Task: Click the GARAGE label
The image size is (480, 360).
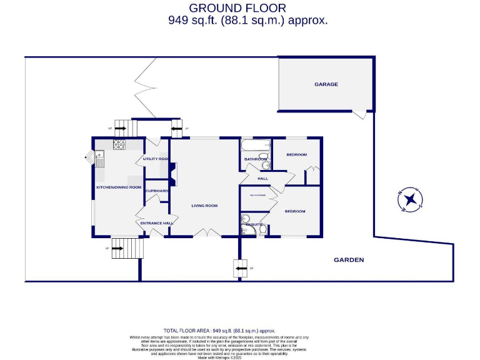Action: pyautogui.click(x=326, y=84)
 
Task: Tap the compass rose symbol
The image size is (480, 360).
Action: pyautogui.click(x=411, y=199)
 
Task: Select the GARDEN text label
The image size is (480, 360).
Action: pyautogui.click(x=348, y=260)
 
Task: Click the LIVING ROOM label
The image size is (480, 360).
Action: pyautogui.click(x=204, y=206)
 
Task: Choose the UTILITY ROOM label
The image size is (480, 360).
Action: pyautogui.click(x=156, y=159)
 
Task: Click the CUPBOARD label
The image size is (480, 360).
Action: pyautogui.click(x=157, y=191)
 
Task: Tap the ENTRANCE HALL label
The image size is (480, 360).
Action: pyautogui.click(x=156, y=223)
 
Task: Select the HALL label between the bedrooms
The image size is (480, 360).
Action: pyautogui.click(x=262, y=179)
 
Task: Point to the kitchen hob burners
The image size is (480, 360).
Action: pyautogui.click(x=119, y=144)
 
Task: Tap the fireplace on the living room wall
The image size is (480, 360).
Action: pyautogui.click(x=175, y=174)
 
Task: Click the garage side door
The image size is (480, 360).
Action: pyautogui.click(x=359, y=114)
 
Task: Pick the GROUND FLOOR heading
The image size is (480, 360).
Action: pyautogui.click(x=237, y=8)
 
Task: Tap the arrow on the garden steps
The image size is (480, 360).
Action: pyautogui.click(x=241, y=270)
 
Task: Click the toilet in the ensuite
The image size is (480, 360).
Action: pyautogui.click(x=262, y=230)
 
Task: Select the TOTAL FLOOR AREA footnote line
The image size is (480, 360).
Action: pyautogui.click(x=219, y=331)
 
